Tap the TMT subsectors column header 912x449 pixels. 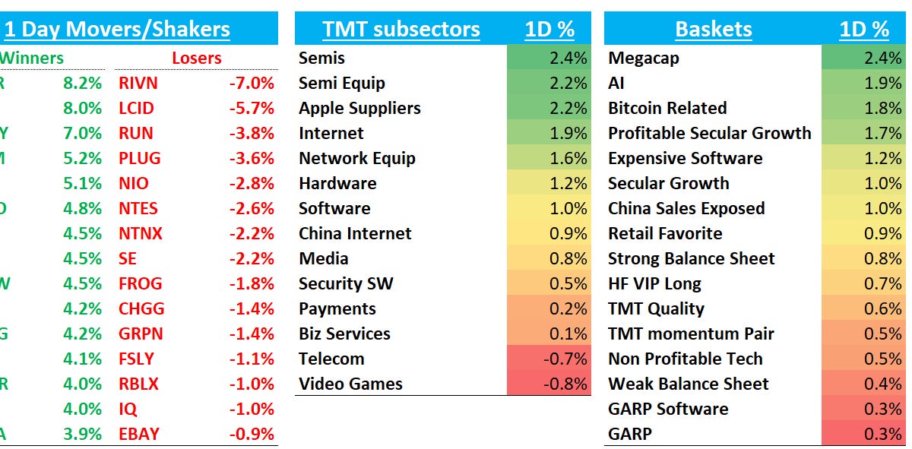tap(401, 30)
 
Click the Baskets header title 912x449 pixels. tap(713, 30)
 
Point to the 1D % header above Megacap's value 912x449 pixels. tap(864, 30)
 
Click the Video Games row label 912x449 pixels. tap(350, 384)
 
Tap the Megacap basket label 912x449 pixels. tap(643, 58)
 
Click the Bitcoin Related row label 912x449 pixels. tap(667, 108)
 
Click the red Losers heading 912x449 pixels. tap(196, 58)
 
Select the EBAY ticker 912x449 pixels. tap(138, 434)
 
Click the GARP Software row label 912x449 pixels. tap(668, 409)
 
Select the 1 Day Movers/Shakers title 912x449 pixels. tap(117, 30)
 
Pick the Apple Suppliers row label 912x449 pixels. tap(359, 108)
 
